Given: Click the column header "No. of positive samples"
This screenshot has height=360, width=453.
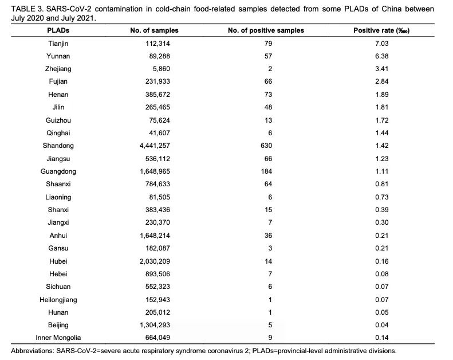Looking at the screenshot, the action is point(266,30).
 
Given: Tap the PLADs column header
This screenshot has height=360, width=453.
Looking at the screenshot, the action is point(58,30).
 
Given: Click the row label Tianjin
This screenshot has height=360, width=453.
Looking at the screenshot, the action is point(58,44).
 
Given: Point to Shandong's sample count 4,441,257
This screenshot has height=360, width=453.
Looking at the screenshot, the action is point(155,146).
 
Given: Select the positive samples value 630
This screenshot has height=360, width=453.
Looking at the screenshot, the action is point(266,146).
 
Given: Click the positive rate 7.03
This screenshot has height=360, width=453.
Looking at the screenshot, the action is point(381,44).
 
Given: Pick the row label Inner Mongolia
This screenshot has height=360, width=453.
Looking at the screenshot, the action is point(58,338).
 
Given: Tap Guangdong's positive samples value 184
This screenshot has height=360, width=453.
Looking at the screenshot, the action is point(266,171).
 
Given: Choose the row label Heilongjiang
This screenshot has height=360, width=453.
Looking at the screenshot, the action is point(58,300).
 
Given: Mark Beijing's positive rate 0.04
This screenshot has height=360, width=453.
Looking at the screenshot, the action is point(381,325).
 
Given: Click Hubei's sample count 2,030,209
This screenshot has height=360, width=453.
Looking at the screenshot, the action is point(155,261).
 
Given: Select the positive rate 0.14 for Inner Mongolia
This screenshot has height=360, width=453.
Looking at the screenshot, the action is point(381,338).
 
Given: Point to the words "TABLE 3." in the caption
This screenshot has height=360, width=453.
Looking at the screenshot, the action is point(27,9).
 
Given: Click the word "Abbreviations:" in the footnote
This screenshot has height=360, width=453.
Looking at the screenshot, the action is point(32,351).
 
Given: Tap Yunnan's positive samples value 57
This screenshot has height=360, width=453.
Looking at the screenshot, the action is point(268,56).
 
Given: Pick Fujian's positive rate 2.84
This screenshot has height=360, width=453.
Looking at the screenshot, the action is point(381,81).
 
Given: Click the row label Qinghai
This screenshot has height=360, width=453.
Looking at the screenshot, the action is point(58,133).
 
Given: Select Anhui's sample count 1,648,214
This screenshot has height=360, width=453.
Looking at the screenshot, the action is point(155,236).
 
